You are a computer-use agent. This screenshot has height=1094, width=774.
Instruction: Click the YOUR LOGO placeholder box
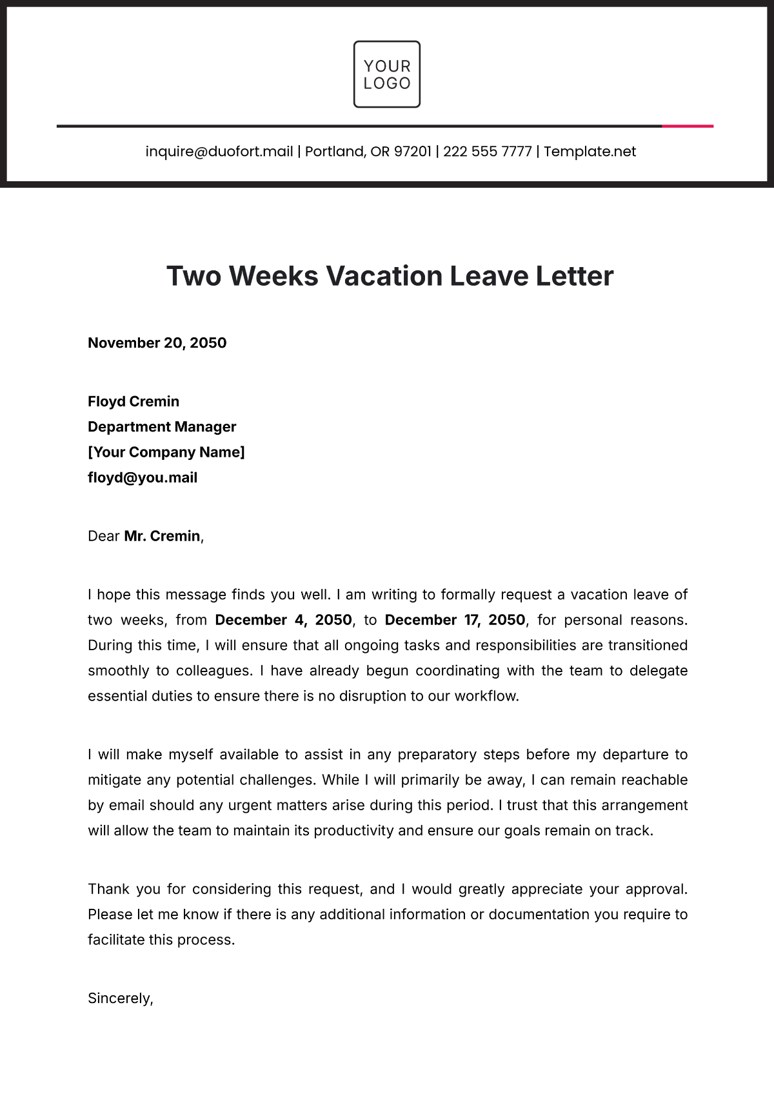387,74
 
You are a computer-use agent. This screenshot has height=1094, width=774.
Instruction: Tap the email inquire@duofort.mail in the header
219,152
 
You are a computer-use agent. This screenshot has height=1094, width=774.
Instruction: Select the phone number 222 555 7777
487,152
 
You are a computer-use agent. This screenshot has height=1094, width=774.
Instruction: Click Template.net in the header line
590,152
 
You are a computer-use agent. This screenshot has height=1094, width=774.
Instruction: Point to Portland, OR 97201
368,152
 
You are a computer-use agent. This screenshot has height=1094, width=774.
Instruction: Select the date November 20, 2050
157,343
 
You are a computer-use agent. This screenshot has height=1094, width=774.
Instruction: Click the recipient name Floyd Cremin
134,402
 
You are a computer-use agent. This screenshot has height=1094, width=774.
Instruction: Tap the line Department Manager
162,427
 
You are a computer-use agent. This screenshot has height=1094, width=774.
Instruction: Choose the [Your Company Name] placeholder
166,452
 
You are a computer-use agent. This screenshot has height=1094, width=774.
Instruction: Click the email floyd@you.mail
143,478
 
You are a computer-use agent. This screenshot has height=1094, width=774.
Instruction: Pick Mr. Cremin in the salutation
162,537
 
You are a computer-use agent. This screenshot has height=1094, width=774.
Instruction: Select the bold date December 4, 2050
283,621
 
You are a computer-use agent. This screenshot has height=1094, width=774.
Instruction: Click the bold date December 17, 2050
455,621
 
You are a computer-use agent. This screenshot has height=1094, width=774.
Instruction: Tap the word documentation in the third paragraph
539,915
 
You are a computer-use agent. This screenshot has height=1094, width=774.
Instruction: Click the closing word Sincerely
120,999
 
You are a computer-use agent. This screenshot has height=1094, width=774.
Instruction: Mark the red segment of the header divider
688,126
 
